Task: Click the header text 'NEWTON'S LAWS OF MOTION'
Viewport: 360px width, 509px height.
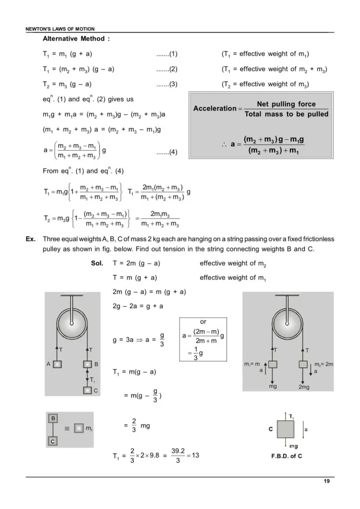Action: coord(60,29)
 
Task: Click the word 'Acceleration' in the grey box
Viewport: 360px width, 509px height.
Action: coord(214,109)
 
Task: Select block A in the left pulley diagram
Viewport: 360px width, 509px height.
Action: coord(58,364)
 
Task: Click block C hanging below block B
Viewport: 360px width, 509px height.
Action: coord(88,390)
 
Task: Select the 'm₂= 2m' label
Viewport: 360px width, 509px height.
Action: coord(323,364)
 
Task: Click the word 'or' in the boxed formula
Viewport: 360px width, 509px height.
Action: coord(203,322)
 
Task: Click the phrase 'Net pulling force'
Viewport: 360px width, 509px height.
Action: coord(286,104)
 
